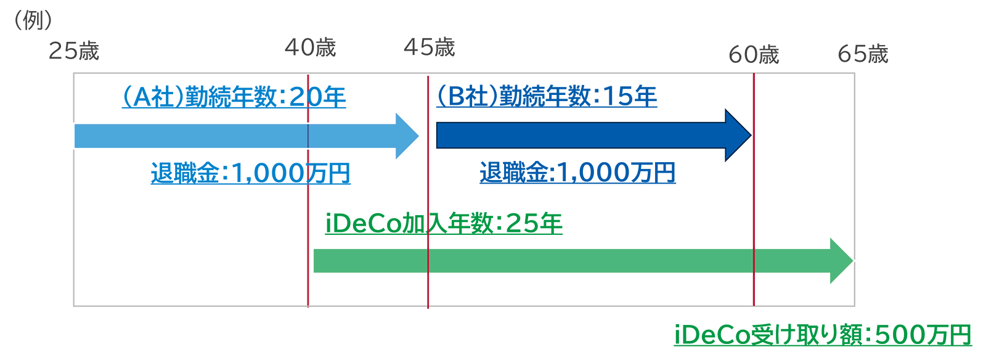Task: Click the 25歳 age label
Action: (x=74, y=51)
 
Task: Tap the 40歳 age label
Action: (x=311, y=47)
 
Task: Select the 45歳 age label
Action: (x=429, y=47)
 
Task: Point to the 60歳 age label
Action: (x=754, y=55)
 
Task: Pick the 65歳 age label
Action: (x=863, y=54)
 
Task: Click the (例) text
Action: (x=33, y=20)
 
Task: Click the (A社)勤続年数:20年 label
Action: (x=234, y=97)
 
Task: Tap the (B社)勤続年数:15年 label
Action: (x=547, y=96)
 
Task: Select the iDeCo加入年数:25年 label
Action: (x=444, y=224)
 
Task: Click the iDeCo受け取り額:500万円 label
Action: (x=823, y=335)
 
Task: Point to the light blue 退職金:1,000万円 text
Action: (x=250, y=173)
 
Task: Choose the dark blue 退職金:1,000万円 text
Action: (x=577, y=172)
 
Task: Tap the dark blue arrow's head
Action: (x=738, y=135)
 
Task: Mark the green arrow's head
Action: (x=841, y=261)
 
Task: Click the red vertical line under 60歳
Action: (x=754, y=189)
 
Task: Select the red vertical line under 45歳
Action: (x=428, y=192)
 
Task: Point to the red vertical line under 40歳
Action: (x=308, y=190)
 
